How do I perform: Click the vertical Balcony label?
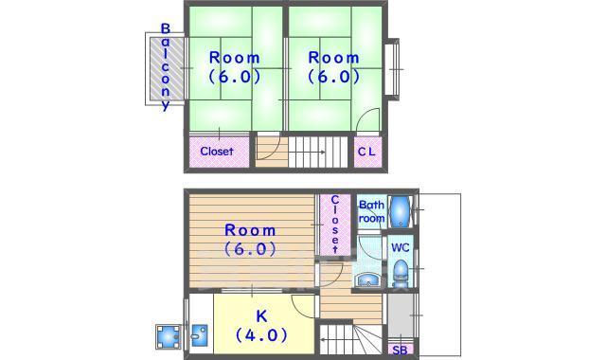166,67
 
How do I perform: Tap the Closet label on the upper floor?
216,152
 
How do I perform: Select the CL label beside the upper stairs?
366,152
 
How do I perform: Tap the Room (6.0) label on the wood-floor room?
250,241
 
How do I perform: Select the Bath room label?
371,211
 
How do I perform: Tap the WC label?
401,248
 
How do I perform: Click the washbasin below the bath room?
367,279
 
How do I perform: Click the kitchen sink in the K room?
200,335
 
